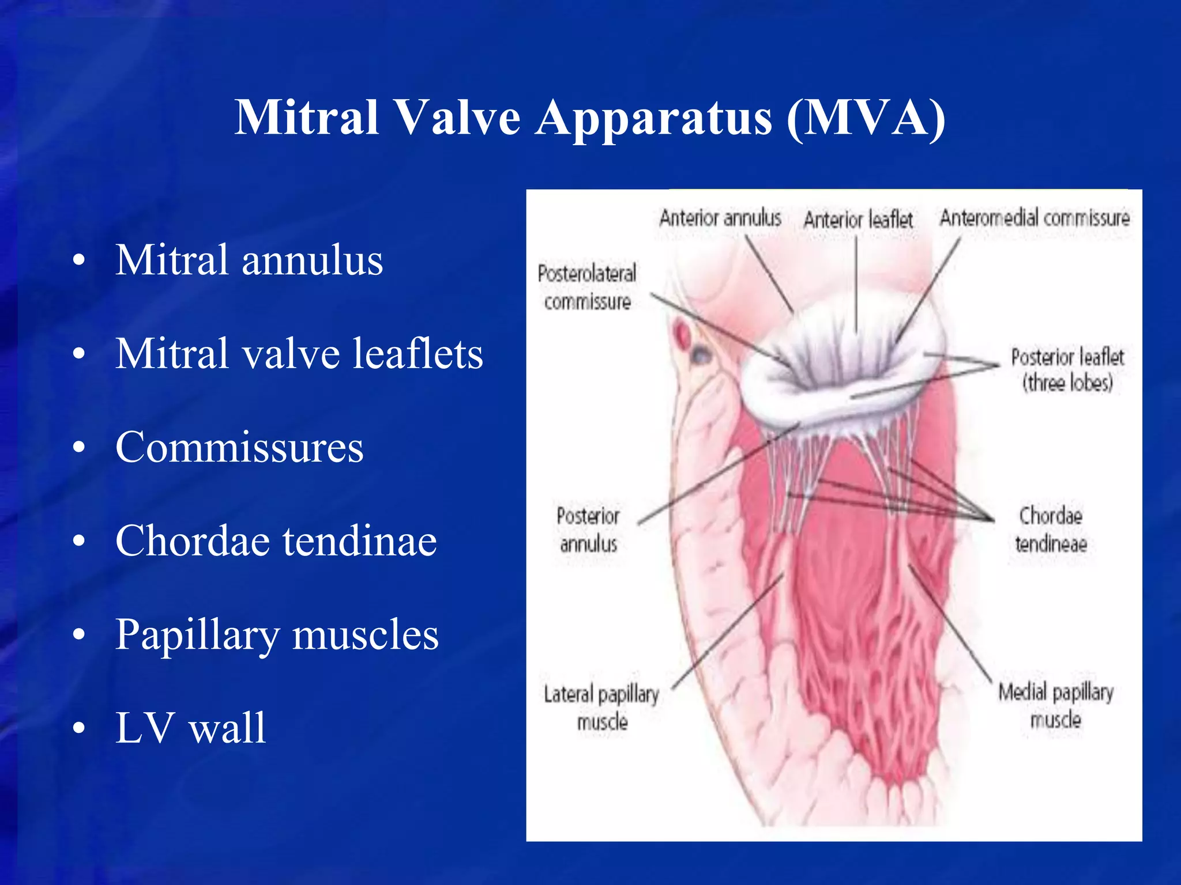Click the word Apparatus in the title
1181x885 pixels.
coord(653,118)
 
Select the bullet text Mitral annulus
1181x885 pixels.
coord(249,260)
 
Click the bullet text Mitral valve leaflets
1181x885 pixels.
coord(299,353)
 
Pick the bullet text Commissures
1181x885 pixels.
coord(239,447)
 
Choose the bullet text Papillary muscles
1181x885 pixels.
coord(277,634)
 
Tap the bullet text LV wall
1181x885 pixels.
coord(190,728)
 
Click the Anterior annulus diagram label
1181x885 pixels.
coord(720,218)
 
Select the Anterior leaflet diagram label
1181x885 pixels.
coord(858,220)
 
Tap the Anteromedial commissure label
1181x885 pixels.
coord(1035,218)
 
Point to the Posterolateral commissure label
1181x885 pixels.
coord(587,287)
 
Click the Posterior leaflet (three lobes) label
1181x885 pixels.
coord(1067,370)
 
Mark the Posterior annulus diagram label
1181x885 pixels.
coord(588,529)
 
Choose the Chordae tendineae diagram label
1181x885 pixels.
coord(1051,529)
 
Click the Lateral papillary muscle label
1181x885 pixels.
coord(601,708)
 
